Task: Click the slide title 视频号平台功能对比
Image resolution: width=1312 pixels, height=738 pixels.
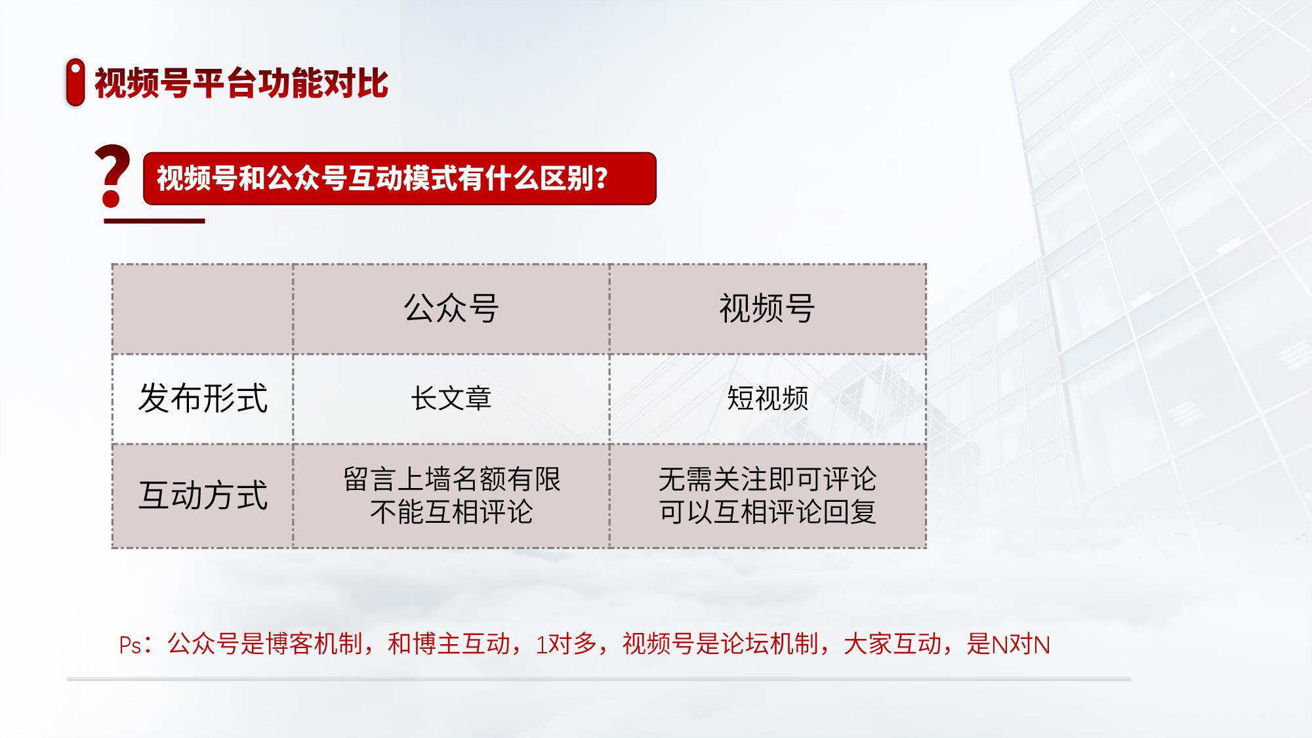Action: tap(241, 83)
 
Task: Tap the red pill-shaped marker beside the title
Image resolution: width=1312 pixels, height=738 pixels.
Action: tap(75, 82)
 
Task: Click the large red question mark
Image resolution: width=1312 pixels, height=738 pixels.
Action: tap(112, 176)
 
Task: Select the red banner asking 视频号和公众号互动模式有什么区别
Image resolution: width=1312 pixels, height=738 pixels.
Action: tap(400, 178)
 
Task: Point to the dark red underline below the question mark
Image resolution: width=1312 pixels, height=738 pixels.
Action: tap(154, 221)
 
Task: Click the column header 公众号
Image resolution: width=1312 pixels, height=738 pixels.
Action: tap(451, 308)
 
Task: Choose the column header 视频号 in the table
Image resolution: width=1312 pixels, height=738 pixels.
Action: tap(768, 308)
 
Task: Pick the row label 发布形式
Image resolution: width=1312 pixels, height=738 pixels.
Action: tap(203, 398)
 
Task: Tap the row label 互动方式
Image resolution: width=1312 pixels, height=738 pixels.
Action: tap(203, 495)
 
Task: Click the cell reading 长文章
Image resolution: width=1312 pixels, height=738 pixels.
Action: tap(451, 398)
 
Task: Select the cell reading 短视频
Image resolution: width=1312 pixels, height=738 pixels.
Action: tap(768, 398)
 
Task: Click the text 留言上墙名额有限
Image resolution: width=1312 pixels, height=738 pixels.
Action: tap(451, 480)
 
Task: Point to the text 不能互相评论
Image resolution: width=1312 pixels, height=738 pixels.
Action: tap(451, 512)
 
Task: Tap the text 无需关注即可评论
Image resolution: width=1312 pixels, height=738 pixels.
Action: tap(768, 480)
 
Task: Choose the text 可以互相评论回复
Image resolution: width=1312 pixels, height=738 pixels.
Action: tap(768, 512)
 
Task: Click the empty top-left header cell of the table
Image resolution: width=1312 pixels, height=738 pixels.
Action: tap(203, 309)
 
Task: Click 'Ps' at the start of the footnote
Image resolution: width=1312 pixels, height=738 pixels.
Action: tap(130, 646)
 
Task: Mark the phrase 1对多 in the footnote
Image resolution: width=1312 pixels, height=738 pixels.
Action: tap(566, 644)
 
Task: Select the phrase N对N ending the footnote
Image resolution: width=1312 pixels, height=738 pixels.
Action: tap(1021, 645)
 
